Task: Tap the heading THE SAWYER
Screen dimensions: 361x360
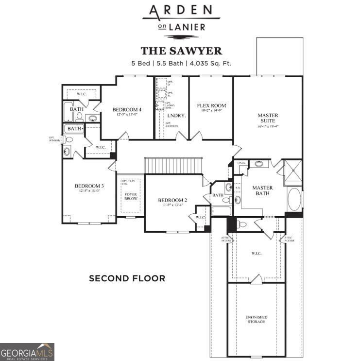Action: pyautogui.click(x=181, y=51)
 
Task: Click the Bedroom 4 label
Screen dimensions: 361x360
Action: pyautogui.click(x=127, y=109)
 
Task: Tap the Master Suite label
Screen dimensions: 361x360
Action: pyautogui.click(x=267, y=118)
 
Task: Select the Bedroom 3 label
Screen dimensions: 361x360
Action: pyautogui.click(x=89, y=186)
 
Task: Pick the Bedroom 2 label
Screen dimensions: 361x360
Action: pyautogui.click(x=172, y=200)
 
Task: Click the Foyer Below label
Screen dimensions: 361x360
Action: pyautogui.click(x=130, y=197)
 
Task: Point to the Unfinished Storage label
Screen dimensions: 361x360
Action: pyautogui.click(x=256, y=319)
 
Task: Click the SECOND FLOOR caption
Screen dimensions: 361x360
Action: pyautogui.click(x=127, y=278)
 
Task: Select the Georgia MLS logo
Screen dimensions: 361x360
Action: pyautogui.click(x=27, y=352)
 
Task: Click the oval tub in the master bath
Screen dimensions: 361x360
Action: pyautogui.click(x=294, y=199)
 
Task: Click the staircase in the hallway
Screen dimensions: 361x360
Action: pyautogui.click(x=173, y=166)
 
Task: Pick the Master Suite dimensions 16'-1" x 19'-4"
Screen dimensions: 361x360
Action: pyautogui.click(x=267, y=127)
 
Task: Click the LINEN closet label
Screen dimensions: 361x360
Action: pyautogui.click(x=241, y=163)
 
